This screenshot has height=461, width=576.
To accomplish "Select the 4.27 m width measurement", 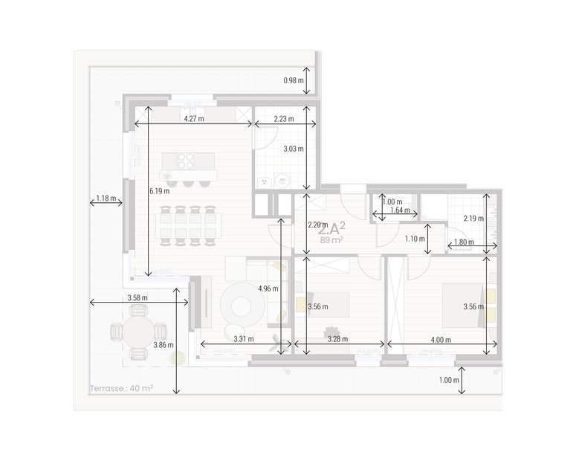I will tap(194, 118).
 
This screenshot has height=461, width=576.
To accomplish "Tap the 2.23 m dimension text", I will tap(283, 118).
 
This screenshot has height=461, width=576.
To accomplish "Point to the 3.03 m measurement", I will tap(294, 149).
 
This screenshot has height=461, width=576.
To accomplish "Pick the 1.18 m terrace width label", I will tap(107, 199).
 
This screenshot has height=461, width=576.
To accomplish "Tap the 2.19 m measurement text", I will tap(473, 219).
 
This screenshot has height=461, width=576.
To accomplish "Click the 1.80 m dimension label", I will tap(464, 242).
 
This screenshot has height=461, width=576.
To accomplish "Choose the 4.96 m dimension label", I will tap(268, 288).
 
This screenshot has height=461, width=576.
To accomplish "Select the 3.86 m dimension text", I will tap(164, 345).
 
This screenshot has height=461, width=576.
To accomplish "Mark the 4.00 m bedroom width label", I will tap(441, 339).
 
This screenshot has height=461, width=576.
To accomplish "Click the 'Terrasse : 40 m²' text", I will tap(121, 388).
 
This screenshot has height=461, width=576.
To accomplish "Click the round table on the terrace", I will tap(136, 332).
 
